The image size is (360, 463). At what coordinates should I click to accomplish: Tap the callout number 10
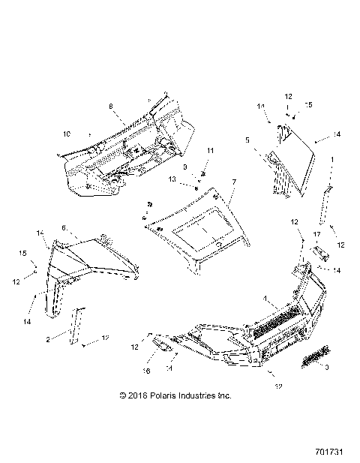(66, 134)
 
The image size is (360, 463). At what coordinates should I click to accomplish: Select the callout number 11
(210, 151)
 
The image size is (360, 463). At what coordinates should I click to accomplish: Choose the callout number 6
(64, 227)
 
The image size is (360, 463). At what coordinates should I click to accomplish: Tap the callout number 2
(48, 339)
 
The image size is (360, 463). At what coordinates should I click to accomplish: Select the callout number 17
(317, 234)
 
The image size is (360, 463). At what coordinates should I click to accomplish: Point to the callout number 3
(327, 368)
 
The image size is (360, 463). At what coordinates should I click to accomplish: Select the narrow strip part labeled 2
(77, 325)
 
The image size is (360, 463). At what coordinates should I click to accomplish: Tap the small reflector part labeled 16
(161, 342)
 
